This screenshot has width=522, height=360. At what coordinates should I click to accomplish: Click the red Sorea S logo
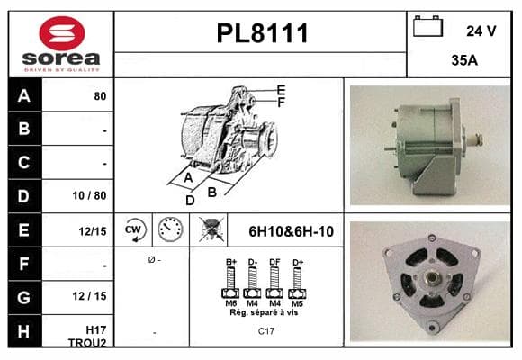(62, 33)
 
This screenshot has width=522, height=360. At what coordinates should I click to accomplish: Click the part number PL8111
(262, 33)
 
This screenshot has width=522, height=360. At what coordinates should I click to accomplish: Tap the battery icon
(427, 26)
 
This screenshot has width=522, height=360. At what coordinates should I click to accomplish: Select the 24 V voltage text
(481, 31)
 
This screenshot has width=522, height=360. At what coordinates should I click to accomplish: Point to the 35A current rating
(464, 60)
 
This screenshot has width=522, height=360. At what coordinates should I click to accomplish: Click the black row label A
(24, 95)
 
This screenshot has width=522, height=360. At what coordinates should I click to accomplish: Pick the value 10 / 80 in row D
(89, 195)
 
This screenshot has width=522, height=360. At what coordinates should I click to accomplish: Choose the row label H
(23, 331)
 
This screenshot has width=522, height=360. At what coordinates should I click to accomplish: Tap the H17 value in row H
(96, 329)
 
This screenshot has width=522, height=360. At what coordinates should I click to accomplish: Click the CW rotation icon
(134, 229)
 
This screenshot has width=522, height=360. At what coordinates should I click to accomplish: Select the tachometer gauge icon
(170, 229)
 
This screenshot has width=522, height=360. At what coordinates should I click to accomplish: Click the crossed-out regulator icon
(211, 229)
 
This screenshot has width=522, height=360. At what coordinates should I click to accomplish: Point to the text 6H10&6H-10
(291, 231)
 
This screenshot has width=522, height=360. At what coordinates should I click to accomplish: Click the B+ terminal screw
(230, 283)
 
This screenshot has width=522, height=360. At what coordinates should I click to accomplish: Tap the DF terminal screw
(274, 283)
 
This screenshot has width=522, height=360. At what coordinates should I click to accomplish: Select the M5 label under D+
(297, 303)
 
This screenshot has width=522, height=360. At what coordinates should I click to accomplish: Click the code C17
(266, 331)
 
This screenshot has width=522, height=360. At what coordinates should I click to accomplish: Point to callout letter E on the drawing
(282, 90)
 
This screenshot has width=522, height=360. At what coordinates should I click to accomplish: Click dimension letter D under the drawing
(190, 201)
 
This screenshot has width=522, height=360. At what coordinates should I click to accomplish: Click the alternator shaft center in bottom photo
(432, 276)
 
